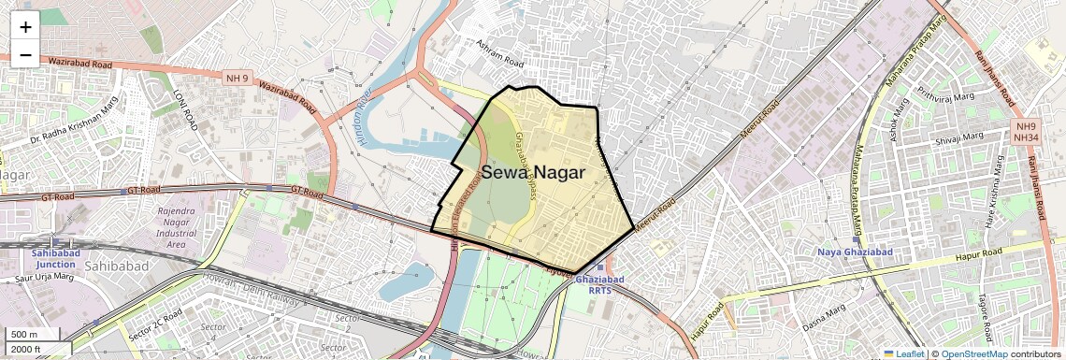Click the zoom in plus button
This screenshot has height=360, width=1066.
pyautogui.click(x=25, y=26)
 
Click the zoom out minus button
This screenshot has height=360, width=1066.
pyautogui.click(x=25, y=54)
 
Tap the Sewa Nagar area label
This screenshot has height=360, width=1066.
pyautogui.click(x=533, y=173)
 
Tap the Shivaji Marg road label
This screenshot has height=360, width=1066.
pyautogui.click(x=955, y=141)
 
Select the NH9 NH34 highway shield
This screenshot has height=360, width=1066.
pyautogui.click(x=1027, y=132)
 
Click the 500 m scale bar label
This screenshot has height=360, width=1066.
pyautogui.click(x=24, y=335)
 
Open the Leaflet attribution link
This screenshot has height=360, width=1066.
pyautogui.click(x=903, y=353)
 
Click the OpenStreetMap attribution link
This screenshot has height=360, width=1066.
pyautogui.click(x=973, y=353)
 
